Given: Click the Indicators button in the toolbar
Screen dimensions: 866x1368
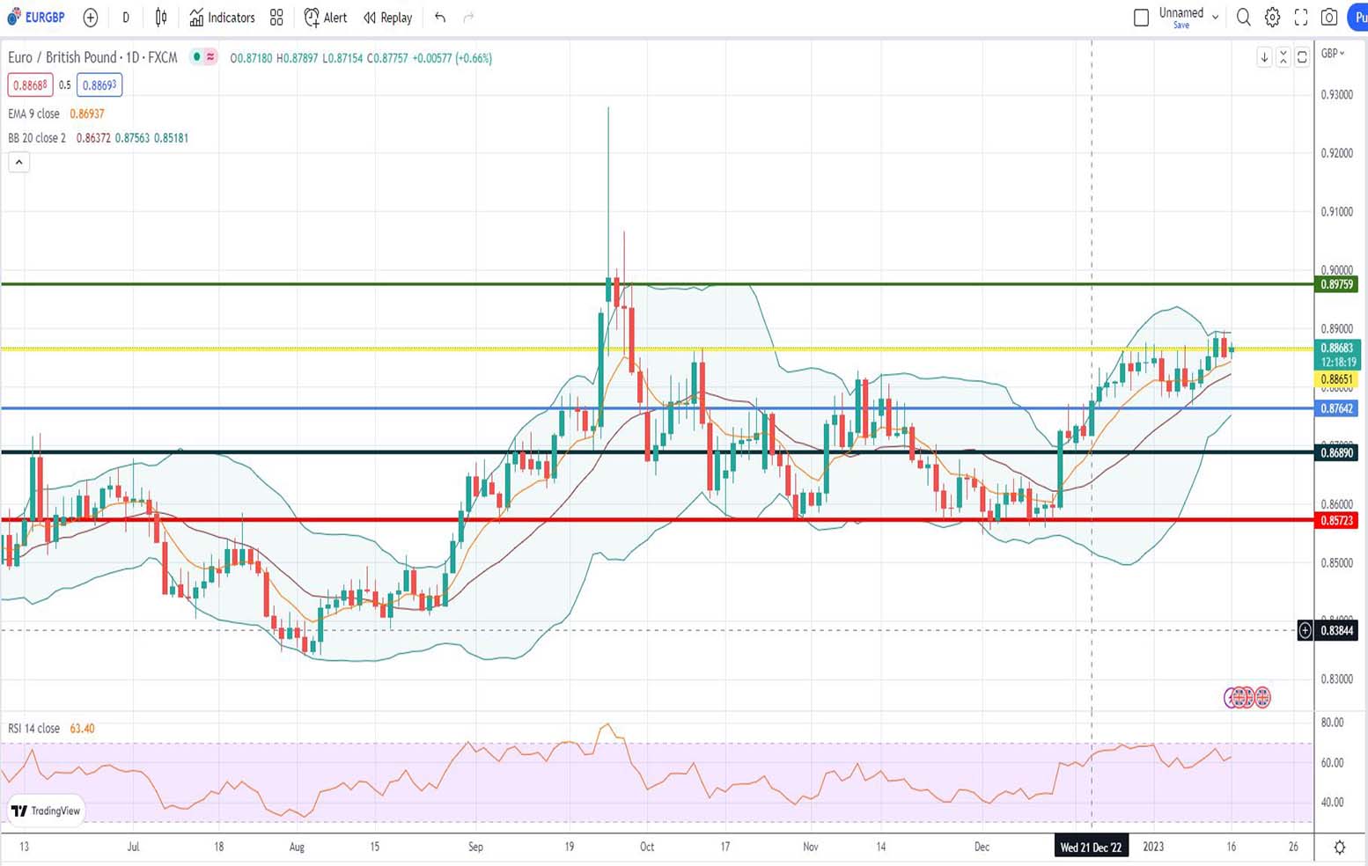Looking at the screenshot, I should pos(222,18).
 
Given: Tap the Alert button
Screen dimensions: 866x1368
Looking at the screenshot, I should pos(326,18).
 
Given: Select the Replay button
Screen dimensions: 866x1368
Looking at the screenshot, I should pos(388,18).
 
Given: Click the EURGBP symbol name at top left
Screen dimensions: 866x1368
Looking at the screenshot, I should pos(44,18).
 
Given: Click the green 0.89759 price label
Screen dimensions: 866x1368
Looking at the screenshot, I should pos(1337,284).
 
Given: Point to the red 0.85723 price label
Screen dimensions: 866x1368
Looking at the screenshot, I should pos(1337,520).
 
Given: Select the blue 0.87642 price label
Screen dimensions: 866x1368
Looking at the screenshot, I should pos(1337,408).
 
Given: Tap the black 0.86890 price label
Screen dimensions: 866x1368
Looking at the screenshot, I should pos(1337,452).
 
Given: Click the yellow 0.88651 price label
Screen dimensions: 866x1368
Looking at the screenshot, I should pos(1337,379).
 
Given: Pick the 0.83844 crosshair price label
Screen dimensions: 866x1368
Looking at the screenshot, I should pos(1337,630).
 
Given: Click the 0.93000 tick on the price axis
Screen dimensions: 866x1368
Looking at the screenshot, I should pos(1337,95).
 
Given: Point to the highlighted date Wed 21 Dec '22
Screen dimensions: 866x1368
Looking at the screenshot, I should pos(1091,847).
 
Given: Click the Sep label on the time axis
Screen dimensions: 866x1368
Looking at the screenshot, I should pos(475,847).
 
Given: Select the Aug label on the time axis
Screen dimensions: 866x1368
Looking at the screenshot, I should pos(297,847).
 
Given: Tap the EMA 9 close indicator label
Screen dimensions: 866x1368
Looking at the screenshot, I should pos(34,114).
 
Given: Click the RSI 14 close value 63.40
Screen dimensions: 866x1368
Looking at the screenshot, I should pos(82,729).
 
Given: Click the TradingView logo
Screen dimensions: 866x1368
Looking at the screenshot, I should pos(47,811).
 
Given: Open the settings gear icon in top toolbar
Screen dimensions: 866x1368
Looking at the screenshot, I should pos(1272,17).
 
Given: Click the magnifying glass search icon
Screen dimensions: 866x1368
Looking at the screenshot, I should pos(1243,17).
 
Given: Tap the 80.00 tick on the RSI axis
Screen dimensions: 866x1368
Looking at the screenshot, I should pos(1333,723).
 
